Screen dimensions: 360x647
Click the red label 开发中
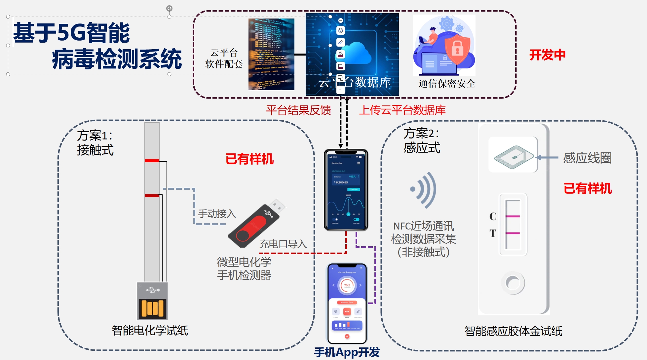tap(547, 55)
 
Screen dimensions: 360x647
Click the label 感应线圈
tap(587, 158)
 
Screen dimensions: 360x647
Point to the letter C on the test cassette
tap(493, 217)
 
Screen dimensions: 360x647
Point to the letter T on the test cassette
tap(493, 233)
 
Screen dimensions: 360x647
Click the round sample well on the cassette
tap(513, 283)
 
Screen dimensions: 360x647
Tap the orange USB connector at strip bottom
tap(152, 308)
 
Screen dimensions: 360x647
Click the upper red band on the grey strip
tap(152, 161)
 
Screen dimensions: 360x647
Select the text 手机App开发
tap(347, 352)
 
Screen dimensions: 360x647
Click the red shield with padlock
tap(457, 49)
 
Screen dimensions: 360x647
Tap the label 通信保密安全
tap(447, 84)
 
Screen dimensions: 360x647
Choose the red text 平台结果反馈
tap(298, 110)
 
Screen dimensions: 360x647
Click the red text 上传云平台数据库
tap(402, 110)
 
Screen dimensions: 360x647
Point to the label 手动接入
tap(217, 214)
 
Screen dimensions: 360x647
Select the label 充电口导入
tap(283, 244)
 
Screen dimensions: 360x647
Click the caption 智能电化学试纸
tap(150, 330)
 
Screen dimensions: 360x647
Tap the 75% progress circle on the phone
tap(347, 285)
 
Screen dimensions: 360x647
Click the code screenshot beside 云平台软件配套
tap(271, 54)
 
